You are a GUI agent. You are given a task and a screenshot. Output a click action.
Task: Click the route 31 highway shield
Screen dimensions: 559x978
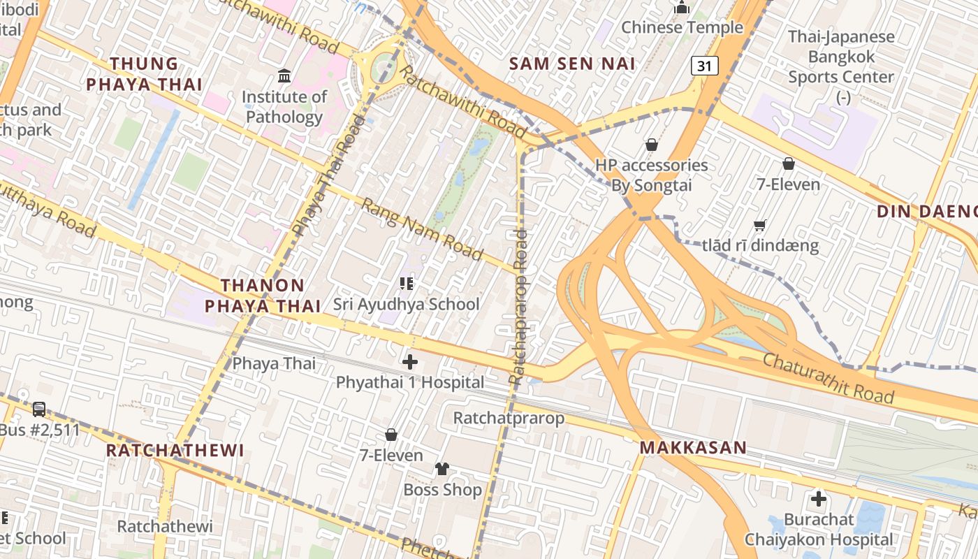pyautogui.click(x=705, y=66)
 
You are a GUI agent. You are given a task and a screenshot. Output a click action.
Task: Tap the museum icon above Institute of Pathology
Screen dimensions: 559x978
pyautogui.click(x=284, y=75)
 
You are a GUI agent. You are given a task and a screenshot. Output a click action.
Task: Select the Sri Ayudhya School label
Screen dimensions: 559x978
pyautogui.click(x=406, y=304)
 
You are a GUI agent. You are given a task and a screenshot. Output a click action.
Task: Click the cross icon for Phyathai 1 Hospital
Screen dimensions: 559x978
pyautogui.click(x=410, y=362)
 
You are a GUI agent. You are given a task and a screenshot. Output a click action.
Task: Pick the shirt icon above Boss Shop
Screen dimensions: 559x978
pyautogui.click(x=442, y=469)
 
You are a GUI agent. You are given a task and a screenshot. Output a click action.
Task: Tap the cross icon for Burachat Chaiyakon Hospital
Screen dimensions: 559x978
pyautogui.click(x=818, y=499)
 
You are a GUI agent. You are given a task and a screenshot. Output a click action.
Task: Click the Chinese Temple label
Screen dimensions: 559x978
pyautogui.click(x=682, y=27)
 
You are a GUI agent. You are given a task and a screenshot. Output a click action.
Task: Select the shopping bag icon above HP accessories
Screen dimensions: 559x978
pyautogui.click(x=651, y=145)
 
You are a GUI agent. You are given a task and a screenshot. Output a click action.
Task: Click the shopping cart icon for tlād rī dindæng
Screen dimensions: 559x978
pyautogui.click(x=760, y=225)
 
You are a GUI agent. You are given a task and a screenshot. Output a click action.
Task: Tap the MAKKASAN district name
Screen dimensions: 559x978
pyautogui.click(x=693, y=447)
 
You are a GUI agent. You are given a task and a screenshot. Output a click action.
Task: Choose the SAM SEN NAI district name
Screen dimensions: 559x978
pyautogui.click(x=572, y=64)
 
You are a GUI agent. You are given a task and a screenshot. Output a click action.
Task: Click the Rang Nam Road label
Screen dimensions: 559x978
pyautogui.click(x=422, y=228)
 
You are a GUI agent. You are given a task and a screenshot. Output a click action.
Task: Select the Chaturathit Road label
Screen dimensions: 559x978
pyautogui.click(x=828, y=378)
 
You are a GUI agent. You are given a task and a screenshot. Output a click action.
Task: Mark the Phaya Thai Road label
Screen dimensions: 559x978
pyautogui.click(x=328, y=175)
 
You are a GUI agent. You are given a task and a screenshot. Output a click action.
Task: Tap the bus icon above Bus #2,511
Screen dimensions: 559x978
pyautogui.click(x=39, y=409)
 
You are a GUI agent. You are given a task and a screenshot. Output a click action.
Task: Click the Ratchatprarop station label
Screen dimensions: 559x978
pyautogui.click(x=508, y=418)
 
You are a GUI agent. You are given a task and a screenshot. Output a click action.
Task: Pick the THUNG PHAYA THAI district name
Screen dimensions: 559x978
pyautogui.click(x=144, y=74)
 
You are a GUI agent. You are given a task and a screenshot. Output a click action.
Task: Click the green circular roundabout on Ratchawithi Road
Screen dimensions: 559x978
pyautogui.click(x=383, y=66)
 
